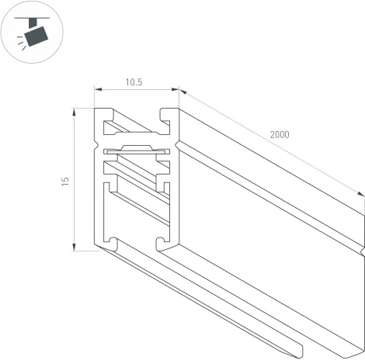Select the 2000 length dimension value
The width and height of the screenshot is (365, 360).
point(280,134)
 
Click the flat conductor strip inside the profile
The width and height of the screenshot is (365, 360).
point(137,148)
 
